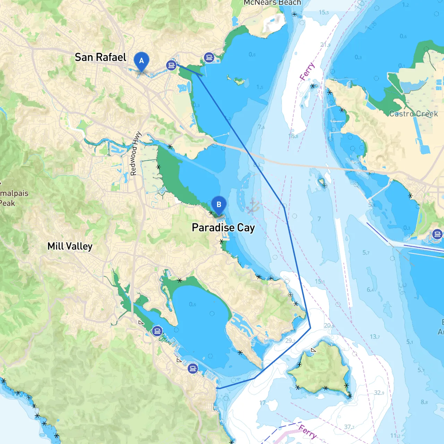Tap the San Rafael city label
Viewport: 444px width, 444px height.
(101, 57)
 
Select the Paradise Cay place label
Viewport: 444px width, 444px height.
(223, 228)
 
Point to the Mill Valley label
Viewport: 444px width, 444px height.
(70, 246)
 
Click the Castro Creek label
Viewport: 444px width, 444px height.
(413, 114)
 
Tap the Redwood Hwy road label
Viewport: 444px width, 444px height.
(136, 153)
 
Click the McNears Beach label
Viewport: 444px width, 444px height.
(272, 3)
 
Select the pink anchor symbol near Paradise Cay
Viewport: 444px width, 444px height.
(253, 206)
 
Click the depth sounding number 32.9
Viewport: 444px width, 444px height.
(379, 393)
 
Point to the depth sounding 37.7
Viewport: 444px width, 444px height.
(349, 427)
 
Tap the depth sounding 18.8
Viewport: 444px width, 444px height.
(293, 136)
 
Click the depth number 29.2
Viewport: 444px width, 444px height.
(290, 341)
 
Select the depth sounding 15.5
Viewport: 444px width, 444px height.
(324, 12)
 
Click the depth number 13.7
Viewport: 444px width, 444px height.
(375, 336)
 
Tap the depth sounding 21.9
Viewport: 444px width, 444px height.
(325, 45)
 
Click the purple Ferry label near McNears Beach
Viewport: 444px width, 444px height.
(307, 71)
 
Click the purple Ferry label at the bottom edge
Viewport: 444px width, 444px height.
(307, 431)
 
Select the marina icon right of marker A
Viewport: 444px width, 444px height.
(171, 65)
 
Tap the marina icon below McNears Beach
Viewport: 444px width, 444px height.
(209, 57)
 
